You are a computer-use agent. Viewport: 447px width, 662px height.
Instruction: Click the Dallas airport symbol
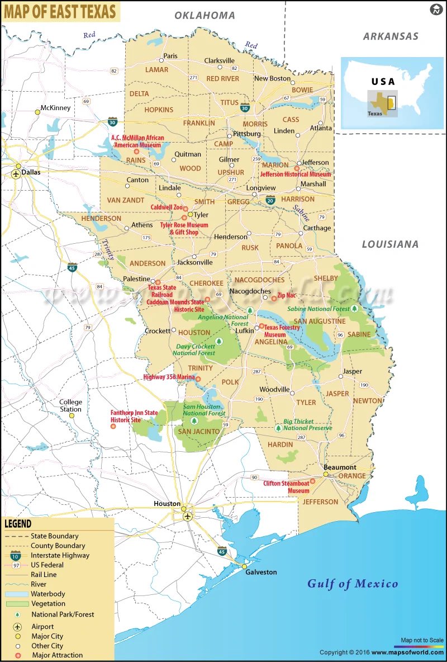tap(16, 174)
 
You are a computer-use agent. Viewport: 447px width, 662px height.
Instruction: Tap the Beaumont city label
tap(340, 467)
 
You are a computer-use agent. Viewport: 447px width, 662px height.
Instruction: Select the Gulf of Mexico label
tap(353, 584)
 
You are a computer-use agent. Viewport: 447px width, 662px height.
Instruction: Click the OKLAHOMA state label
tap(205, 16)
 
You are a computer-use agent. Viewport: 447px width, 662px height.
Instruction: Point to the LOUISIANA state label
tap(390, 244)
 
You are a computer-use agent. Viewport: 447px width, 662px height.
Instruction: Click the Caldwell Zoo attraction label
tap(167, 207)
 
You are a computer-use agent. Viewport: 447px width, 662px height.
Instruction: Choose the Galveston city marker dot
tap(244, 566)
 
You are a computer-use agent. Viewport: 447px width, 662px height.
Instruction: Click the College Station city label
tap(71, 405)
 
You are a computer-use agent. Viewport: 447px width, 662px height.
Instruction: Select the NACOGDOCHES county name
tap(259, 280)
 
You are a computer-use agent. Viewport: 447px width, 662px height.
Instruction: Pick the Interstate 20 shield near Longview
tap(270, 200)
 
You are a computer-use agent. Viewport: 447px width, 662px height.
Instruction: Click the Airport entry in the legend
tap(42, 627)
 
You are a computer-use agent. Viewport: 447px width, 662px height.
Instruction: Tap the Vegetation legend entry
tap(48, 603)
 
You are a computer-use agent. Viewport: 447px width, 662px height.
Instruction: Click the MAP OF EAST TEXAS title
tap(60, 11)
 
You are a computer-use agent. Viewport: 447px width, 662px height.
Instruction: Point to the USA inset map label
tap(383, 82)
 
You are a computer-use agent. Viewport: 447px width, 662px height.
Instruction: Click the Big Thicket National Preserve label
tap(307, 424)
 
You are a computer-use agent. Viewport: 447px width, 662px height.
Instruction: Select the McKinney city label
tap(55, 108)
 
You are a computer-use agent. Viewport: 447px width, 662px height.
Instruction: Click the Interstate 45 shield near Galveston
tap(222, 551)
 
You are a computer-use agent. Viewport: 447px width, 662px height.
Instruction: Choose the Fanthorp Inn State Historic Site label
tap(134, 416)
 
